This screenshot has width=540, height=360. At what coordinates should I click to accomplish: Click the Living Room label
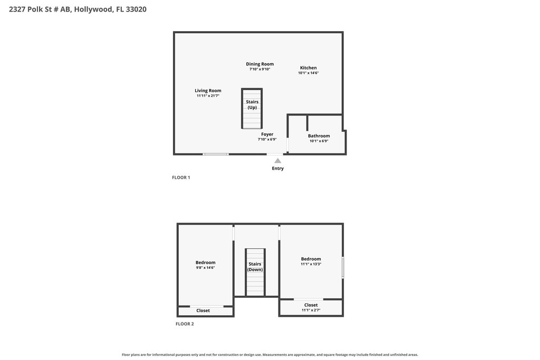coord(208,91)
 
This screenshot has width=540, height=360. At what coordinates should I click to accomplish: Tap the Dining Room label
coord(259,64)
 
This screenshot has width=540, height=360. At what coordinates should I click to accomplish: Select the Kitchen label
coord(308,68)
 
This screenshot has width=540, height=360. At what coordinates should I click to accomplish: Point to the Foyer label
coord(267,134)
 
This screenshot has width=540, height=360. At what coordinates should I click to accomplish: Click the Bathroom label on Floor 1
coord(319,136)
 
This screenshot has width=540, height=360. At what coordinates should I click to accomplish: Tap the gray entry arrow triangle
coord(277,161)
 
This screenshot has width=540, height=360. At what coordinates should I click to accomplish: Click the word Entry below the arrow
coord(277,168)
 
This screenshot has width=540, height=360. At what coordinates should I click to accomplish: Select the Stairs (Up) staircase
coord(252,109)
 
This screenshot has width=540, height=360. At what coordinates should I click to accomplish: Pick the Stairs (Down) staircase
coord(255,272)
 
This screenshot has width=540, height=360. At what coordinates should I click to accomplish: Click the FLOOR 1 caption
coord(181,178)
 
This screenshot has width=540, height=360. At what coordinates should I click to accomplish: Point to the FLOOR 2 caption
coord(185,324)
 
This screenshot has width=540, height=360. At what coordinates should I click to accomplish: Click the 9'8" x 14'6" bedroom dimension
coord(205,267)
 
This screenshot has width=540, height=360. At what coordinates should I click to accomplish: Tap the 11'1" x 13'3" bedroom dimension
coord(311,264)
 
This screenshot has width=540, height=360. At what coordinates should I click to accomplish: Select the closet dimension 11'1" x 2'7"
coord(311,310)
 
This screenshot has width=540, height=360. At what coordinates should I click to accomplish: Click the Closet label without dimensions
coord(203,310)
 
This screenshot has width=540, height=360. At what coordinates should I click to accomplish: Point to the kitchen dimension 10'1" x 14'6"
coord(308,73)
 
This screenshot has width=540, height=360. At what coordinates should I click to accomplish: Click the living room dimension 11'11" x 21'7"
coord(208,96)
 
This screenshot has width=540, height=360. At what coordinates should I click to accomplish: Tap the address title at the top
coord(78,9)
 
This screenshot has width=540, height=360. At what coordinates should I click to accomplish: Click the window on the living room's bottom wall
coord(216,154)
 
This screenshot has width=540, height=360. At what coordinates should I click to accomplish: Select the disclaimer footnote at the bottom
coord(270,355)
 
